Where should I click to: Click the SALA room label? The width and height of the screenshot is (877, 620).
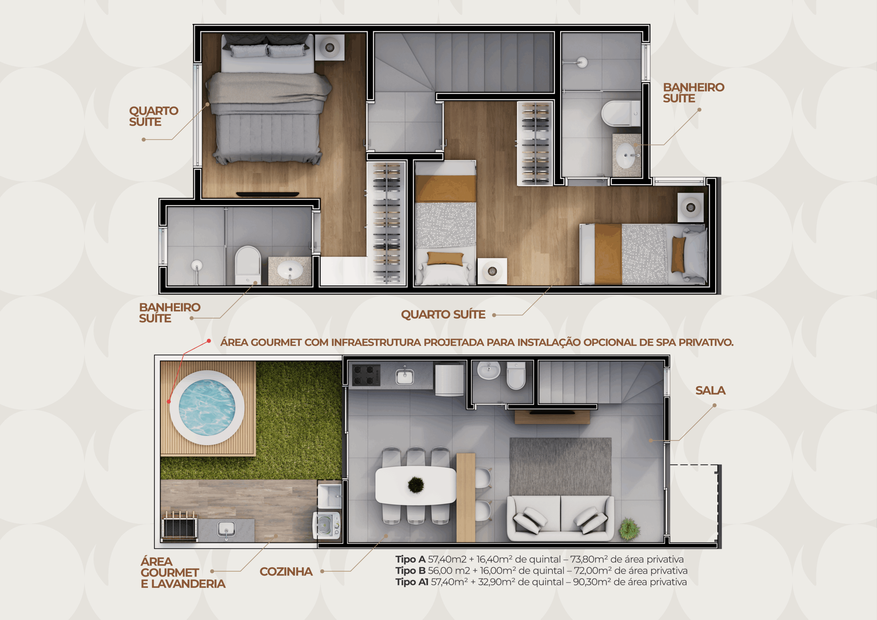pos(710,390)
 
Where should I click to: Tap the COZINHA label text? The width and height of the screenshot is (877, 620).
pos(286,571)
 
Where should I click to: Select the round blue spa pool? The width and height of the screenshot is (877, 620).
pos(207,408)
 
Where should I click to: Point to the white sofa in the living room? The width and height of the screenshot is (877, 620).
pos(560,518)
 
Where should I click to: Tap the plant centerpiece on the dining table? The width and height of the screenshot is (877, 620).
pos(416,485)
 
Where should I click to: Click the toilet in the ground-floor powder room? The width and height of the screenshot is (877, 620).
pos(516,375)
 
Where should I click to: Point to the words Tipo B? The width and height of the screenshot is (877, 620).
pos(410,571)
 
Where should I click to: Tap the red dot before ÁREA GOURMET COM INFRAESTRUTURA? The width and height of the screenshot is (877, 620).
pos(209,341)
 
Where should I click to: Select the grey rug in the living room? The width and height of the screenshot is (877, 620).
pos(560,467)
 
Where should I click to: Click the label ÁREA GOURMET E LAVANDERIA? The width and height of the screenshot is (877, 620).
pos(183,573)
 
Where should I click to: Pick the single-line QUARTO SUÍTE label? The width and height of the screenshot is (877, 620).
pos(443,314)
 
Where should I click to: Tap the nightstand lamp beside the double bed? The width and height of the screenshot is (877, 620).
pos(329,47)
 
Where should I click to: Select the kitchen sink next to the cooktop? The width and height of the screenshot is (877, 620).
pos(405,375)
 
